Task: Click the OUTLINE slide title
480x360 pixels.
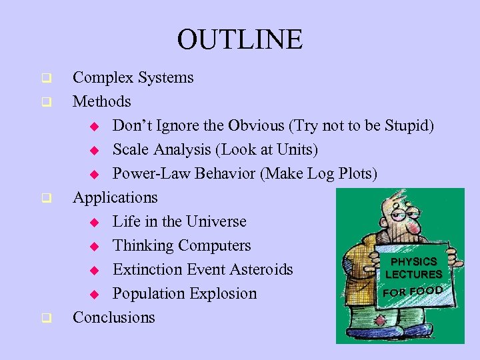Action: coord(239,39)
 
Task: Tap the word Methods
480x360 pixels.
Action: coord(102,102)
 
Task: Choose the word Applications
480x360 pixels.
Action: coord(115,198)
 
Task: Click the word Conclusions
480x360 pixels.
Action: coord(114,318)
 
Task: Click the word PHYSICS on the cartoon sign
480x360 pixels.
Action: coord(413,262)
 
